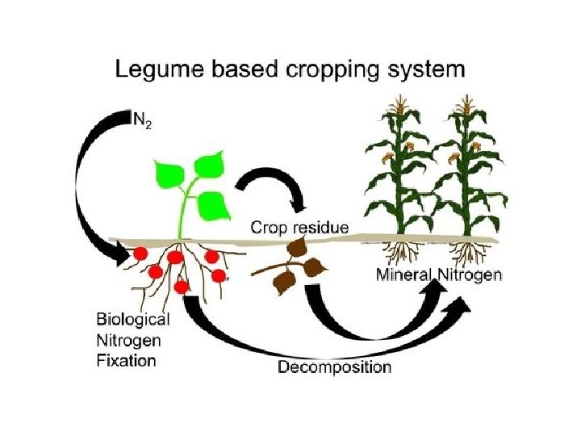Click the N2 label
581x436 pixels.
(x=142, y=122)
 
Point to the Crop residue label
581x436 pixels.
(x=300, y=228)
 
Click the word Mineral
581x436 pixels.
(x=405, y=275)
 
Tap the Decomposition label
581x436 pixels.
(x=335, y=367)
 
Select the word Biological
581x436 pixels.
(x=134, y=318)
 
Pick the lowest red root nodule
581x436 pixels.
(x=182, y=286)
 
